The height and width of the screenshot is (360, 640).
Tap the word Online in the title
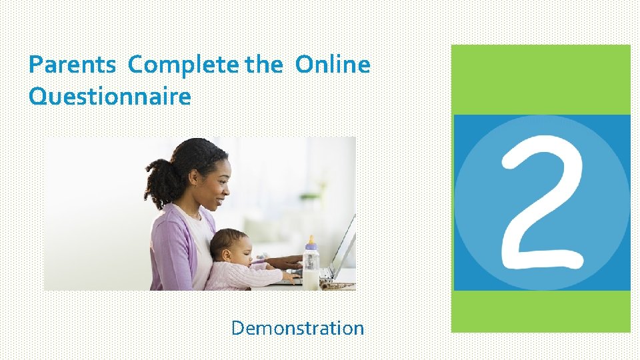tap(332, 65)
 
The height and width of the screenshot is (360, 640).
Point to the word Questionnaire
tap(110, 97)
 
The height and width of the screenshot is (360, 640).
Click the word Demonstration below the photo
tap(297, 328)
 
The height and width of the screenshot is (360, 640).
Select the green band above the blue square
tap(541, 79)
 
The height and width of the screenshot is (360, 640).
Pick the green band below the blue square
tap(541, 311)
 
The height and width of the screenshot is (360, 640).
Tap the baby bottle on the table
tap(311, 267)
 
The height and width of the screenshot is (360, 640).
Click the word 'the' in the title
tap(268, 65)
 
